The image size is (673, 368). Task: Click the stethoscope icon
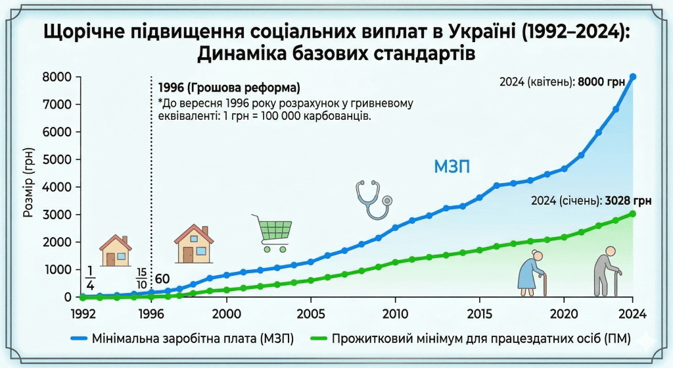[x=373, y=200]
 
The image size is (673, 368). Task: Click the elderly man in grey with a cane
[x=607, y=271]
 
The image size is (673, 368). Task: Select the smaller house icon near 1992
[x=116, y=251]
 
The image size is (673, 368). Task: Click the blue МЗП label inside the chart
[x=452, y=167]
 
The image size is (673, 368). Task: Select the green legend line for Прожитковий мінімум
[x=315, y=339]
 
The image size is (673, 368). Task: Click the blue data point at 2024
[x=633, y=76]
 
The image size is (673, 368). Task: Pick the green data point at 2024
[x=633, y=213]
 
